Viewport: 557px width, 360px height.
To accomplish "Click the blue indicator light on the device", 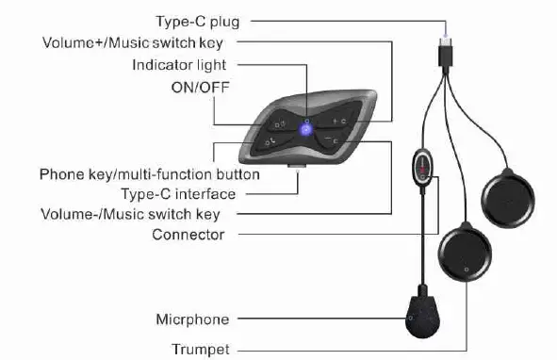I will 304,129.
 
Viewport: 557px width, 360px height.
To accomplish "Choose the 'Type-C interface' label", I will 178,193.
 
